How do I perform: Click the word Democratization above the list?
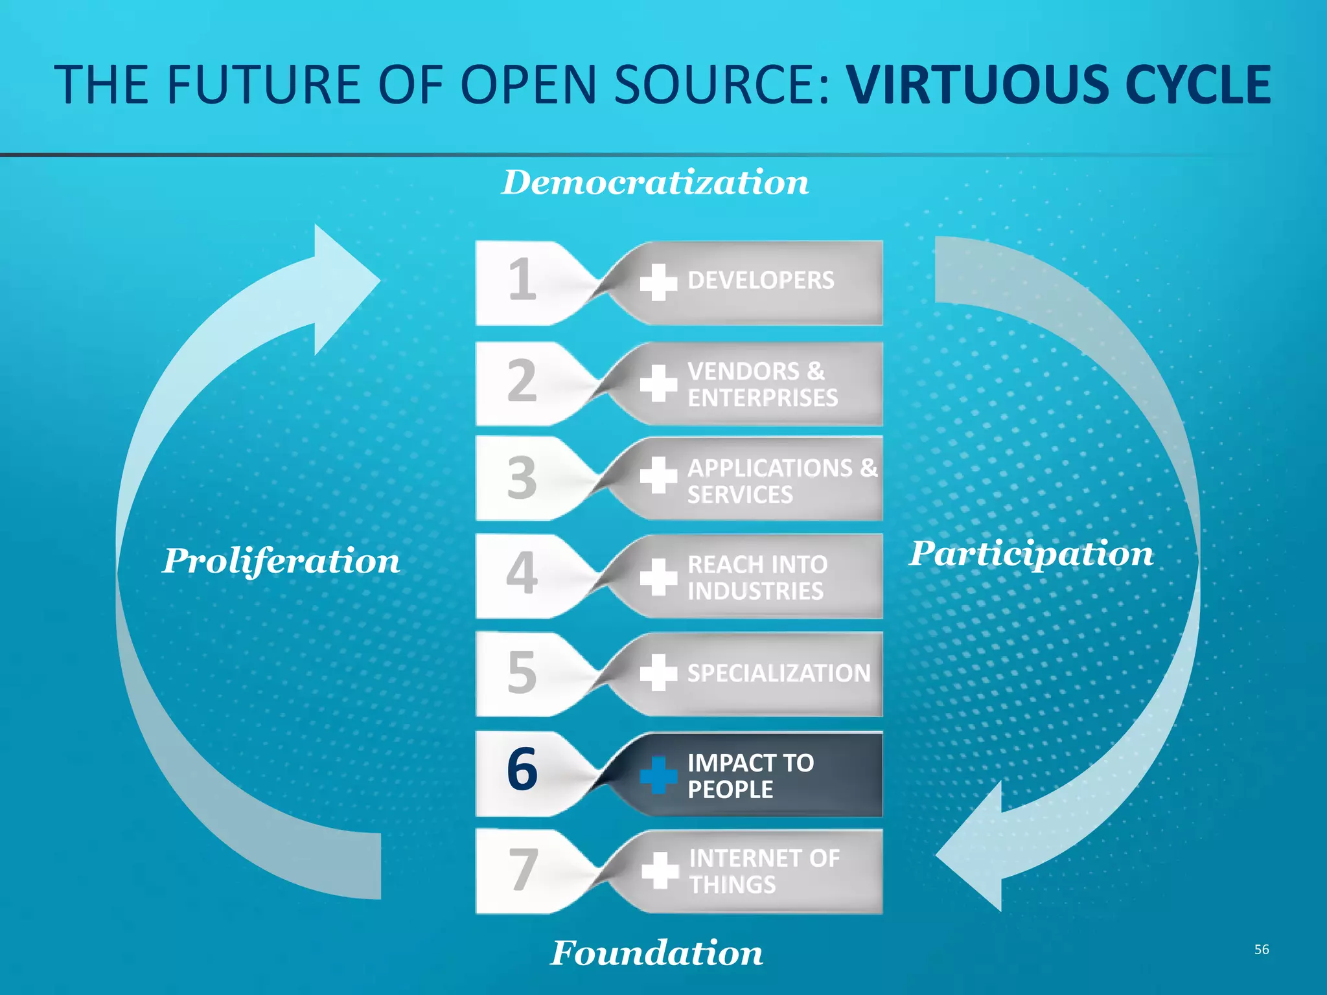pos(655,183)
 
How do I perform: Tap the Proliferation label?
pos(281,561)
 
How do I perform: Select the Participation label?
pos(1031,554)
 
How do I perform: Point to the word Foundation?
pos(656,953)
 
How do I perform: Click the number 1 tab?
pos(522,280)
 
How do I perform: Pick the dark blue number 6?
pos(522,770)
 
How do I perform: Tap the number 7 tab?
pos(522,869)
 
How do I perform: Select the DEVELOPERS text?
pos(761,280)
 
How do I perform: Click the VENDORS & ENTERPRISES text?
pos(762,384)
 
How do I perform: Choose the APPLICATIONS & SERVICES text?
pos(781,481)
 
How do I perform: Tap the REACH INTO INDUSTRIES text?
pos(757,577)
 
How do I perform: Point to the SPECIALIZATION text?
pos(778,673)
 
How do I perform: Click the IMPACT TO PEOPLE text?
pos(750,775)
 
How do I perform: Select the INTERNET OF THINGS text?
pos(764,871)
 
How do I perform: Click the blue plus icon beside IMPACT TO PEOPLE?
pos(658,775)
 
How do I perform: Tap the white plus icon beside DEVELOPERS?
pos(658,282)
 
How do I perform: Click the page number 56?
pos(1261,949)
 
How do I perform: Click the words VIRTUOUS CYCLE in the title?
pos(1059,85)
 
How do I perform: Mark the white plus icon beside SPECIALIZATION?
pos(658,672)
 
